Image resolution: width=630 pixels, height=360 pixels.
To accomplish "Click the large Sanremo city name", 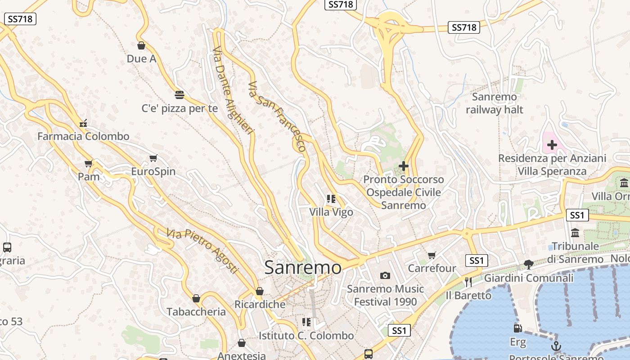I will click(303, 268).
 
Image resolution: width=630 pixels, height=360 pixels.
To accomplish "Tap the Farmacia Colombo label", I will click(83, 136).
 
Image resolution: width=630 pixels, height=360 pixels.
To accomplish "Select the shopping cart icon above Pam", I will click(88, 163).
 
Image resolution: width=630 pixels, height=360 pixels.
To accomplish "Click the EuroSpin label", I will click(153, 172).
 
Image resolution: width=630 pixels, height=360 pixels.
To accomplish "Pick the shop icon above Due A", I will click(141, 45).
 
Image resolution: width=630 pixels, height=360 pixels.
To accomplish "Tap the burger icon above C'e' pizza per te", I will click(179, 94).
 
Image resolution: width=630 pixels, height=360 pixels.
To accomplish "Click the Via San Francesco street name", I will click(277, 116).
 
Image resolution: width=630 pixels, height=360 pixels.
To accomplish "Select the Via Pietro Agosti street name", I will click(202, 251).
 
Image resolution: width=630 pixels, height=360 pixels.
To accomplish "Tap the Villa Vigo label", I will click(331, 212).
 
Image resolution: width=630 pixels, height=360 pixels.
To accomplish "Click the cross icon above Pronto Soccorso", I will click(404, 166).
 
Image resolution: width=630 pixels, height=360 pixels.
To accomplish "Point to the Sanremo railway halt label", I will click(495, 103).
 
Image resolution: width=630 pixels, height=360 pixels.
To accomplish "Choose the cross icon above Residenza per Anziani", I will click(552, 145).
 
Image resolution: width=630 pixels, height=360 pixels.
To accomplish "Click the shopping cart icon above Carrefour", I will click(432, 255).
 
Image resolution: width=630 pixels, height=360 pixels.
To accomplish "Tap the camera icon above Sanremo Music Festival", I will click(385, 275).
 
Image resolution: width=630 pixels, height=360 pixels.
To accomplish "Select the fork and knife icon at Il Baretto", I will click(468, 282).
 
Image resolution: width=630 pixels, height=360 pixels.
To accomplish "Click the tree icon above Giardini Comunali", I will click(528, 265).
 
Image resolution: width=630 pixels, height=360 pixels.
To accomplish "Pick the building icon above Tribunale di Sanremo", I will click(575, 233).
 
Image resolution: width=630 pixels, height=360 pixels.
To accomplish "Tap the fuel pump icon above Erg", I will click(517, 329).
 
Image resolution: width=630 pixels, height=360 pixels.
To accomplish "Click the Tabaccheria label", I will click(196, 312).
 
